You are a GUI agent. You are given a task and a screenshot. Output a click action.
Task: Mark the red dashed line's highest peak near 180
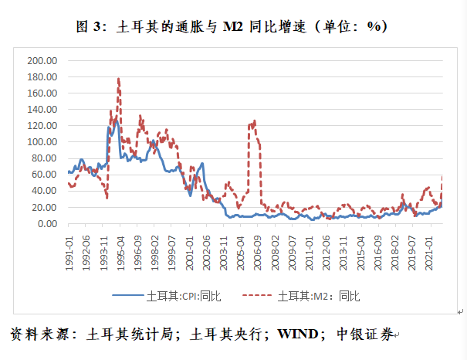pyautogui.click(x=118, y=78)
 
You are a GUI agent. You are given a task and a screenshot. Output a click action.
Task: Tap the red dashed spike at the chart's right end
pyautogui.click(x=442, y=177)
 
